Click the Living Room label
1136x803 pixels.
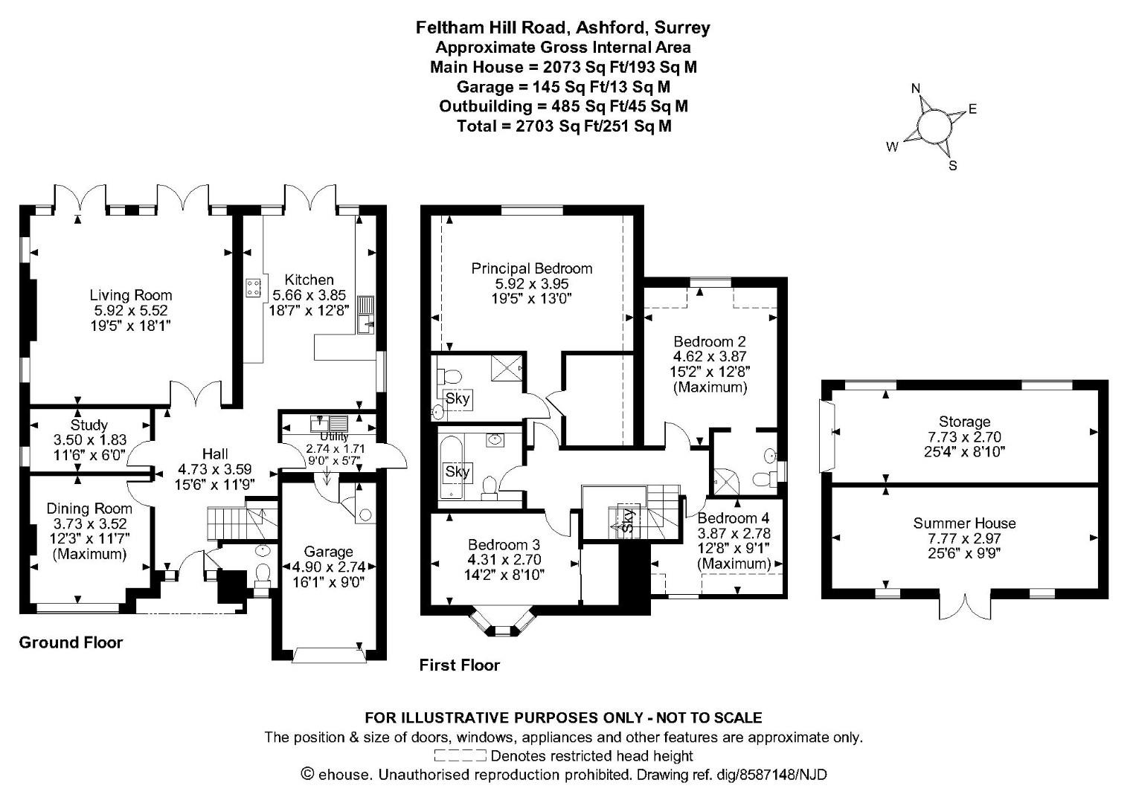pyautogui.click(x=131, y=295)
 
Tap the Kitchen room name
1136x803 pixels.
pyautogui.click(x=309, y=280)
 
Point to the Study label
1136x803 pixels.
pyautogui.click(x=89, y=425)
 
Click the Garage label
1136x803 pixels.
pyautogui.click(x=328, y=552)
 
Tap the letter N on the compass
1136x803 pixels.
pyautogui.click(x=916, y=89)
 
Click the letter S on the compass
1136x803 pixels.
pyautogui.click(x=952, y=166)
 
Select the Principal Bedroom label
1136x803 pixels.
pyautogui.click(x=532, y=268)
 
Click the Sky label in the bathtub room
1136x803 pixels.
pyautogui.click(x=457, y=471)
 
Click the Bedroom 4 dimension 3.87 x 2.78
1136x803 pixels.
pyautogui.click(x=734, y=533)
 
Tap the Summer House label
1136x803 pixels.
pyautogui.click(x=964, y=523)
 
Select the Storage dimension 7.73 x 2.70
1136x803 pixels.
pyautogui.click(x=964, y=436)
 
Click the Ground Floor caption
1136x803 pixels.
pyautogui.click(x=71, y=642)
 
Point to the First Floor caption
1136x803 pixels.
pyautogui.click(x=459, y=665)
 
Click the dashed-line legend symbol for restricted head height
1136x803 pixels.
pyautogui.click(x=460, y=756)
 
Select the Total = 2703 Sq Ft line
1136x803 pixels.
pyautogui.click(x=564, y=126)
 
